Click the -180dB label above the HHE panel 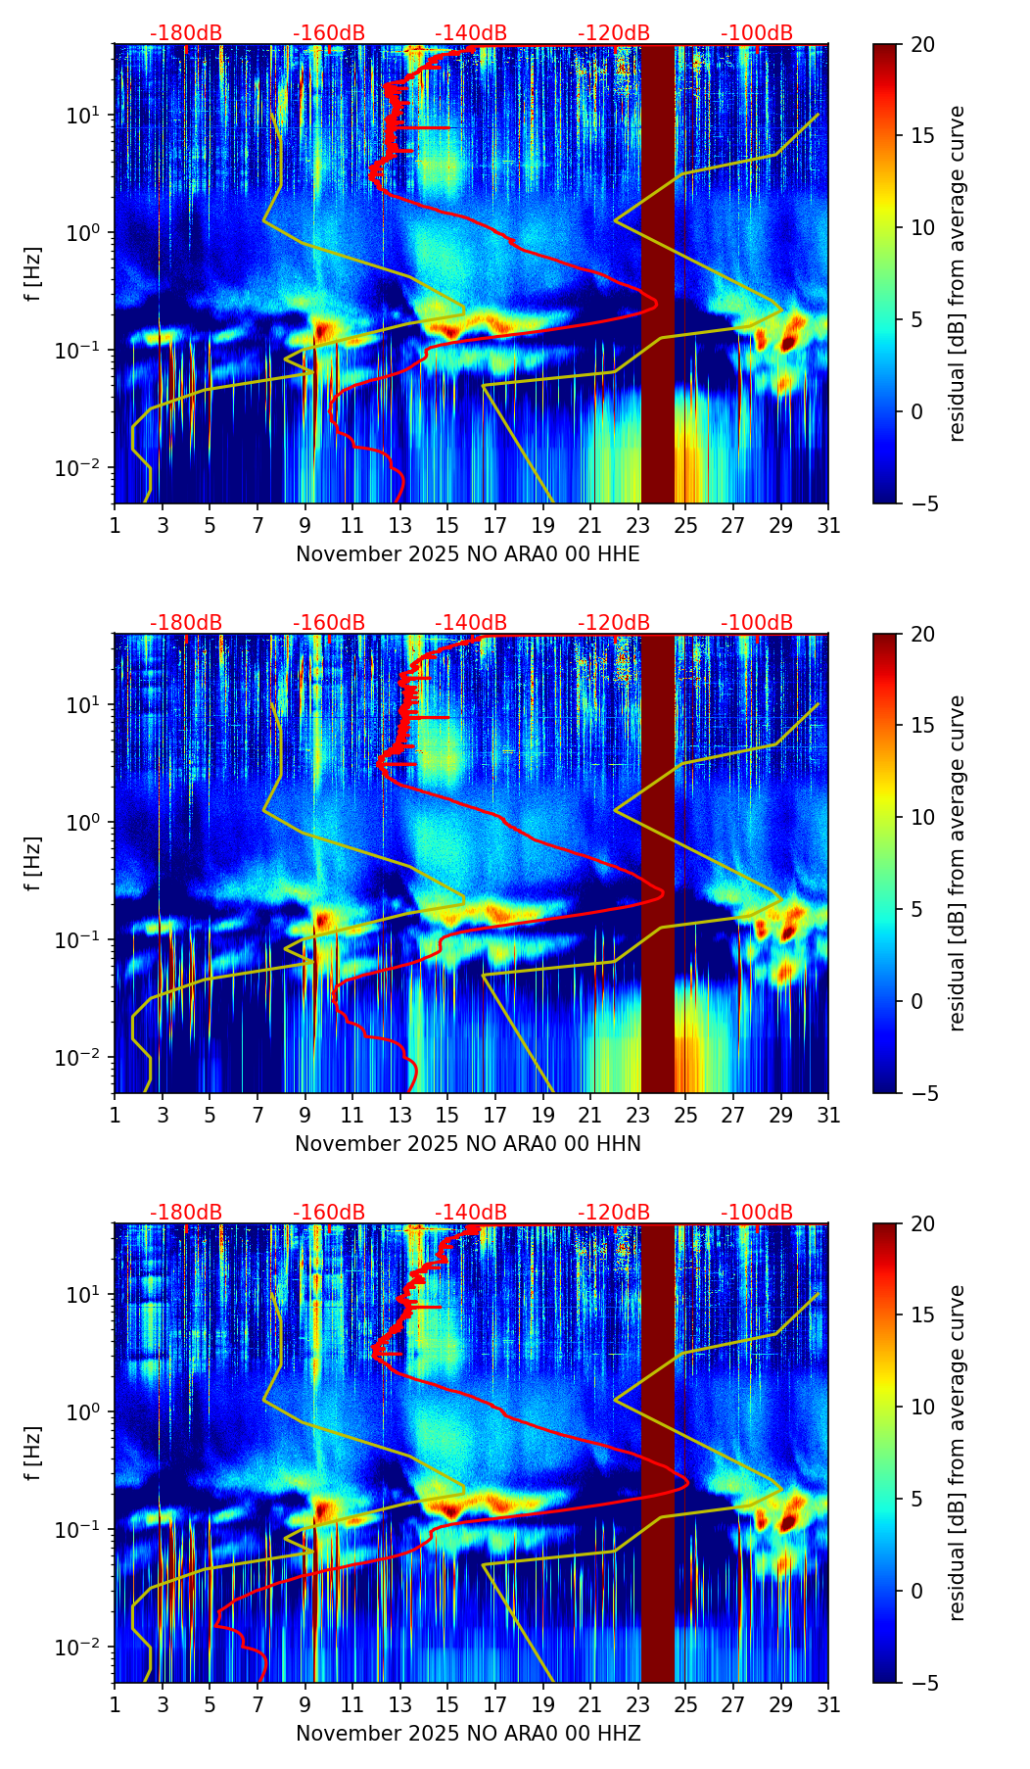pos(186,33)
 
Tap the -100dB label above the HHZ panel pos(757,1213)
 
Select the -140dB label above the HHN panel pos(471,623)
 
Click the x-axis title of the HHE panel pos(468,554)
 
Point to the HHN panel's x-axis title pos(468,1144)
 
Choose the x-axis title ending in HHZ pos(468,1734)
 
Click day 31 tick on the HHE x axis pos(828,525)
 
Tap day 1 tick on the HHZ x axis pos(115,1704)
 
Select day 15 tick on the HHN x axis pos(447,1115)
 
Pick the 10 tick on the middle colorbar pos(923,817)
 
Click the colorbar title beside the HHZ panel pos(958,1453)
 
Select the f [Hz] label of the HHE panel pos(34,274)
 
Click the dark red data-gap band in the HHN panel pos(658,862)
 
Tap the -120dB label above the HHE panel pos(614,33)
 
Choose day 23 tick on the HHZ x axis pos(638,1704)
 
